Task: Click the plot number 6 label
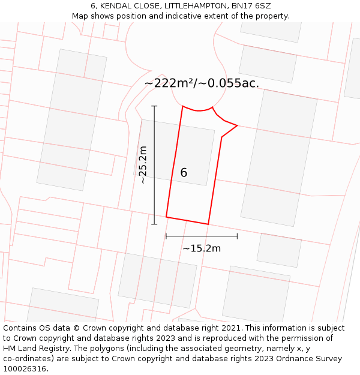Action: (x=184, y=173)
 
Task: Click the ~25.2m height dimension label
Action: (x=143, y=165)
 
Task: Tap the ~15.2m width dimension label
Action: (x=202, y=248)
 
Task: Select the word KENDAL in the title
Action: (x=118, y=6)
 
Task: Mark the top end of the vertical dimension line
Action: (x=154, y=106)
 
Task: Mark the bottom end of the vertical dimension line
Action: (x=154, y=224)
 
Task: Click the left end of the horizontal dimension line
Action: (x=166, y=236)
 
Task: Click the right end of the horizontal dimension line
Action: (x=238, y=236)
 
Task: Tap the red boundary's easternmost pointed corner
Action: (x=238, y=125)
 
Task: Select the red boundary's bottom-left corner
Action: (x=166, y=217)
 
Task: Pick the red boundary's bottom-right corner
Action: (x=208, y=224)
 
